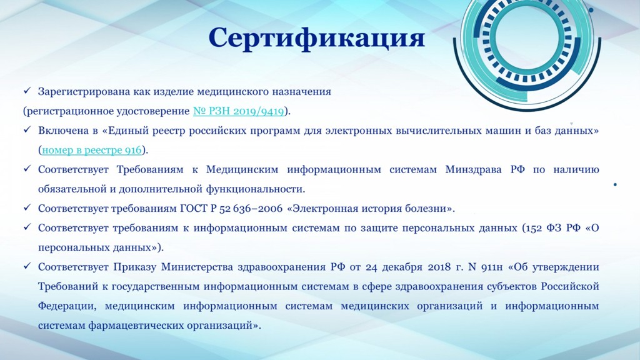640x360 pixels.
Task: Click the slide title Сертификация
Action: [x=317, y=39]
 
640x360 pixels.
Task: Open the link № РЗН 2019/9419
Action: [x=238, y=111]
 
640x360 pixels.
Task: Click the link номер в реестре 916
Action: [x=92, y=150]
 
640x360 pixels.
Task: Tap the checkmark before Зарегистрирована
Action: [x=27, y=91]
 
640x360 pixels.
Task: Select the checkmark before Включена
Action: [x=27, y=130]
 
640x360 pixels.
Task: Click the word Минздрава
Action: [x=474, y=170]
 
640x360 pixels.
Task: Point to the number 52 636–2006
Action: [x=251, y=209]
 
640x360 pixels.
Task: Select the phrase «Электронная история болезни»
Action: [x=371, y=209]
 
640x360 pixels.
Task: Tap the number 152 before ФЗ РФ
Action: [x=534, y=227]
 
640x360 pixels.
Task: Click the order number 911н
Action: [x=492, y=267]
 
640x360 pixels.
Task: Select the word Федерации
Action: [x=67, y=306]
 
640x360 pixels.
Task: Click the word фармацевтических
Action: [x=136, y=326]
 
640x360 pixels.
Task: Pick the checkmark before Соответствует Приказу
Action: [x=27, y=266]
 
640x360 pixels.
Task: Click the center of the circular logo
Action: [x=526, y=39]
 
